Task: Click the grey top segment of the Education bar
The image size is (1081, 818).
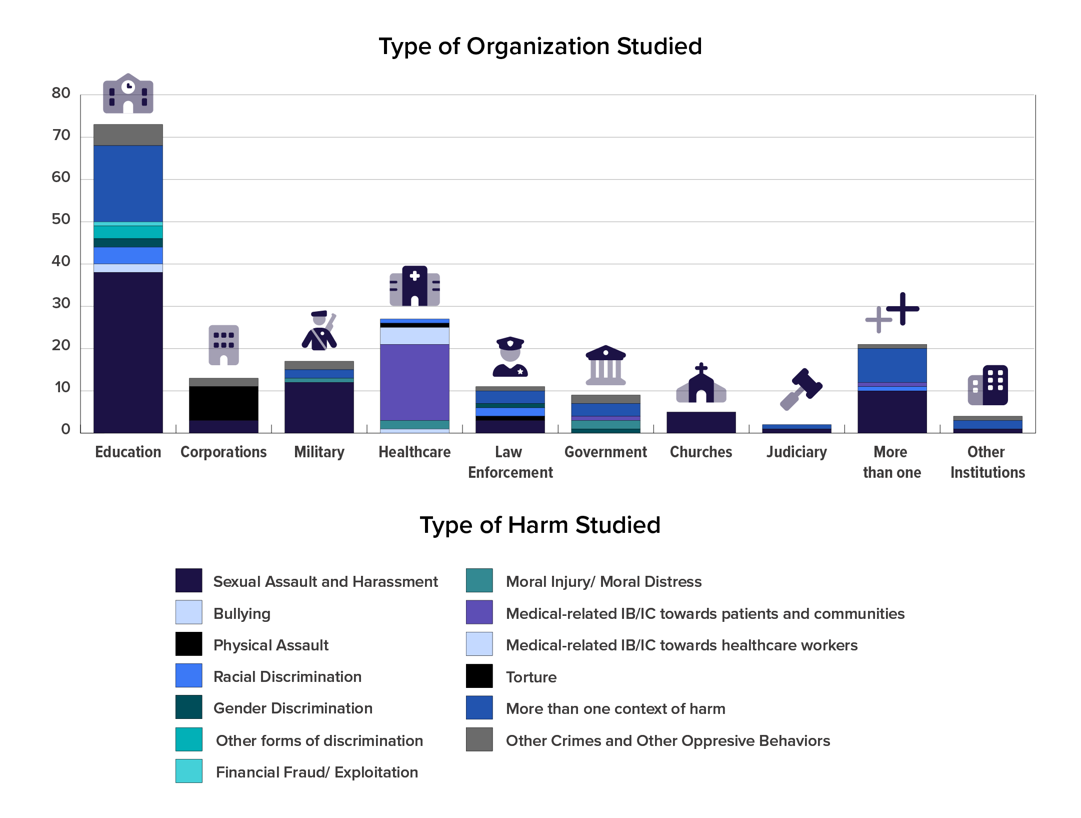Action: pos(128,135)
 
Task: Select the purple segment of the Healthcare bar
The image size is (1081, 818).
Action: pos(414,382)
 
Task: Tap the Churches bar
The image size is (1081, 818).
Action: pos(701,422)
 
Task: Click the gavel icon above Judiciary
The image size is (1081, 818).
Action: pos(801,389)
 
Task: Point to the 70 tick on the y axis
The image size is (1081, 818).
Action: pos(61,135)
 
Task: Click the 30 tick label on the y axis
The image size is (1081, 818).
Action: pos(61,303)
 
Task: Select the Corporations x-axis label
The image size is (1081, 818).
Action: pos(223,452)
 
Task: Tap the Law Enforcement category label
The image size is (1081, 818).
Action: pos(510,462)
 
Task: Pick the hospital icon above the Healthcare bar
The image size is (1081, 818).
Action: pos(414,286)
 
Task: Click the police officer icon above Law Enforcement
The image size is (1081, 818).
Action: pos(510,357)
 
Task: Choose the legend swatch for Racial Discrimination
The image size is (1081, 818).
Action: pos(188,675)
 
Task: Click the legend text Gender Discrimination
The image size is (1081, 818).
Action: pos(292,708)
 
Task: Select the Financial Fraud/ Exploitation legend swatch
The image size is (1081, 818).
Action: pos(188,771)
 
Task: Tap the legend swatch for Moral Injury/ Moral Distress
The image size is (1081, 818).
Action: pos(479,580)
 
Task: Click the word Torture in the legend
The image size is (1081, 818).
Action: pos(531,677)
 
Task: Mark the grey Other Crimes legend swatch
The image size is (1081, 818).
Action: pos(479,739)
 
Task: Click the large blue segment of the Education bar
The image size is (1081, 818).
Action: pos(128,184)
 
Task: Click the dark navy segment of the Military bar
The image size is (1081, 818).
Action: pos(319,407)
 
